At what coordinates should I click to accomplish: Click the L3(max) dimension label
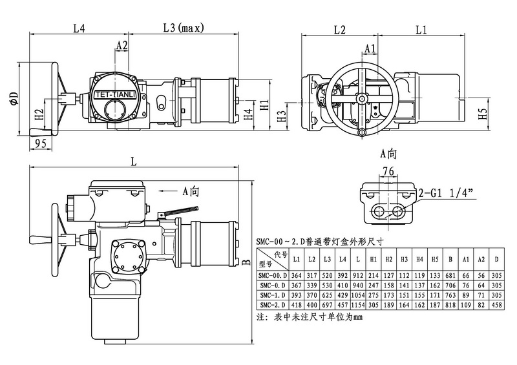183,28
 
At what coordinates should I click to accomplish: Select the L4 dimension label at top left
79,28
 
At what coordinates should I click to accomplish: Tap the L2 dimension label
340,30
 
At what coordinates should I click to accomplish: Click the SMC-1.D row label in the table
273,295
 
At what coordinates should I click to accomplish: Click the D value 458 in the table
496,304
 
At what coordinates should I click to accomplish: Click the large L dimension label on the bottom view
134,163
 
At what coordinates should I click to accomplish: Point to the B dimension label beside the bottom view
246,263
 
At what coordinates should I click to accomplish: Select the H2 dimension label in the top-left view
39,116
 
